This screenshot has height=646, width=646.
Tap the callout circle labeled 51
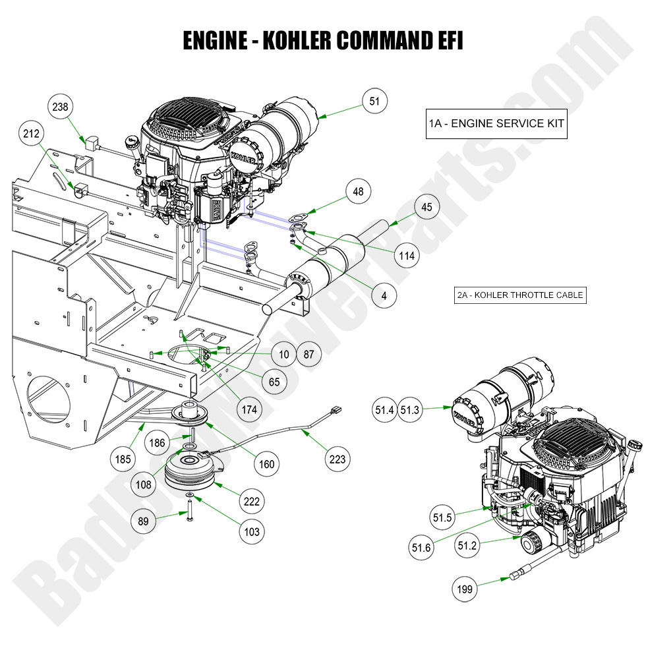coord(374,101)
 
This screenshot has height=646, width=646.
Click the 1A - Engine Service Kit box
coord(496,123)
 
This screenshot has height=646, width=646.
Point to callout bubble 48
coord(358,192)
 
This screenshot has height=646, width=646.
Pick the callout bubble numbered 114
coord(407,256)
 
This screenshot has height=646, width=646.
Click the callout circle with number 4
coord(384,295)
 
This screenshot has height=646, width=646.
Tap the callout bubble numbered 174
coord(249,410)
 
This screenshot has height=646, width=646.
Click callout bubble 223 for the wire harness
coord(338,459)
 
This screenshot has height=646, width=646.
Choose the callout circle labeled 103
coord(251,532)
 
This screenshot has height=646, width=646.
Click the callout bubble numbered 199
coord(465,589)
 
